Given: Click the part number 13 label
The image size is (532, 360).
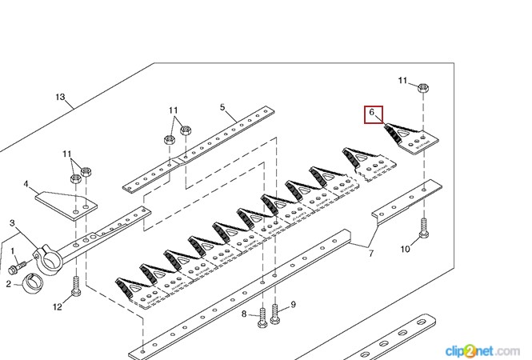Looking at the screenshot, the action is (x=60, y=98).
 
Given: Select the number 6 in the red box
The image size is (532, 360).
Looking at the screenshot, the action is (x=371, y=112).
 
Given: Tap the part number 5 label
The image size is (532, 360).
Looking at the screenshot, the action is (x=222, y=107).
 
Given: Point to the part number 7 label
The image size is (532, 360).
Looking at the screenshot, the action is (x=371, y=253).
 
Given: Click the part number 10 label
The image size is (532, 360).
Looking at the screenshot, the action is (x=405, y=249).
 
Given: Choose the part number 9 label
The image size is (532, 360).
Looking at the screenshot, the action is (x=293, y=305).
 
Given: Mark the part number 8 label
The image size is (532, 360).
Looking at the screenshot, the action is (x=244, y=314).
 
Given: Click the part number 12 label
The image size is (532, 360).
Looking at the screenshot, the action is (x=58, y=306).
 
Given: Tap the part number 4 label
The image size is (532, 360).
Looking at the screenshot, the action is (x=26, y=184).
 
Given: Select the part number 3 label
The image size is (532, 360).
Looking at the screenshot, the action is (x=12, y=223).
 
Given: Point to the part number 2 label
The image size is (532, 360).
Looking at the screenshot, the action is (x=9, y=284).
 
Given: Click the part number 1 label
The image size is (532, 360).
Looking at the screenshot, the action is (x=13, y=251).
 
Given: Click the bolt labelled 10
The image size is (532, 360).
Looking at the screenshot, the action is (x=423, y=228).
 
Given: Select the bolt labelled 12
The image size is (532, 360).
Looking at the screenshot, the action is (x=76, y=286).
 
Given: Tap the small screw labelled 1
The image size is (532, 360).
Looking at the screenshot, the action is (x=17, y=267).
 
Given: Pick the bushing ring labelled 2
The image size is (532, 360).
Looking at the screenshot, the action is (x=33, y=282).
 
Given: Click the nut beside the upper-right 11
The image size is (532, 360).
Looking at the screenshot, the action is (x=422, y=87).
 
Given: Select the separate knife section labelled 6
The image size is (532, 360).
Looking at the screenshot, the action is (x=411, y=138).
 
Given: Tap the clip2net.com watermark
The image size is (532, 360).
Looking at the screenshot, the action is (x=482, y=351).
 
